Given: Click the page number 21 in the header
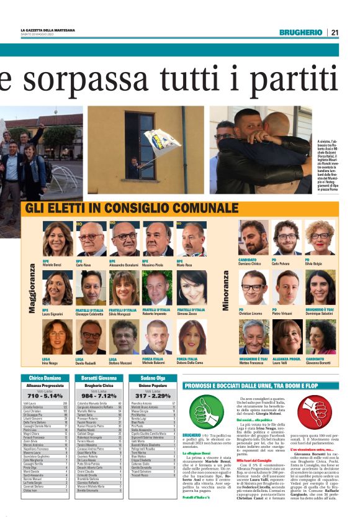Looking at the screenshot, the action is point(334,32).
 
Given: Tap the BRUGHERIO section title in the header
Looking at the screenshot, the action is point(300,32).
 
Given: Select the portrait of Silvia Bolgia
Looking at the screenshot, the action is point(320,238).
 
